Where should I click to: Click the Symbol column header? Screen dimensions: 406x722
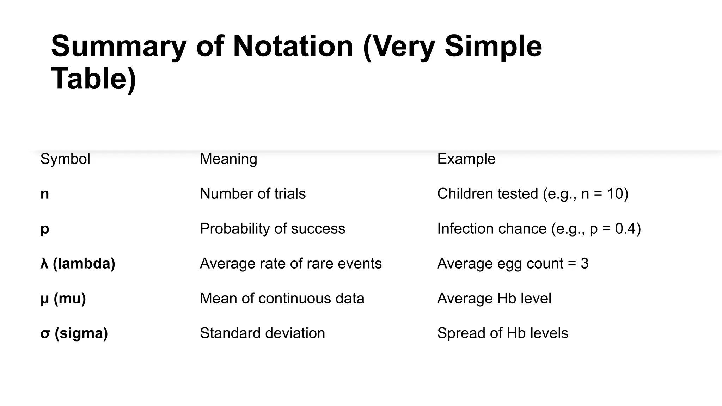[65, 159]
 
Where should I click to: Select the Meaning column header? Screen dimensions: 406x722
[228, 159]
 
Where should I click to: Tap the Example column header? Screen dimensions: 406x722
[466, 159]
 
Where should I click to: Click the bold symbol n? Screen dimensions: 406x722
[45, 194]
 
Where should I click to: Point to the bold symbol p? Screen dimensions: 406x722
[45, 229]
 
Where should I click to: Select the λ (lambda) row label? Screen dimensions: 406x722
[78, 264]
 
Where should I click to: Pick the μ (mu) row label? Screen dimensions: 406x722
[63, 299]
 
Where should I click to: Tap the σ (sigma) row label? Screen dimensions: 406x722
[74, 333]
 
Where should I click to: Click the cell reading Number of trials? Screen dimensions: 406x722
[253, 194]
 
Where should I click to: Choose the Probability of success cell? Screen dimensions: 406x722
[273, 229]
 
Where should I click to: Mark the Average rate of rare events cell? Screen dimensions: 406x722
[291, 264]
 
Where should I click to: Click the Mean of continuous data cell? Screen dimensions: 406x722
[282, 299]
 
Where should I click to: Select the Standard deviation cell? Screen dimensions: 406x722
[262, 333]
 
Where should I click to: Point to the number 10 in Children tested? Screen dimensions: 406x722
[615, 194]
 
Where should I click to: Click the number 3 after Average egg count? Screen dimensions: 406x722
[585, 264]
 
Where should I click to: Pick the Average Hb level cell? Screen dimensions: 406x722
[494, 299]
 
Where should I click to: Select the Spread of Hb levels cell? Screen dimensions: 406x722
[503, 333]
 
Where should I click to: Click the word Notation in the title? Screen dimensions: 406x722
[293, 46]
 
